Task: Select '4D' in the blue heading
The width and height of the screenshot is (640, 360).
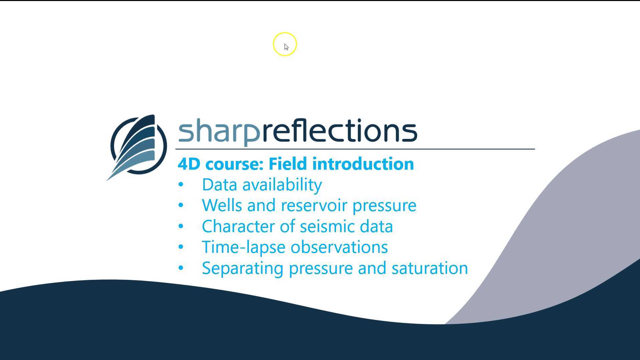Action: tap(189, 164)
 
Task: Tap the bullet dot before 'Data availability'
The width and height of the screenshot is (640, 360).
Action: tap(181, 185)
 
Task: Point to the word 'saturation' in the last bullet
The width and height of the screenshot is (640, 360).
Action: tap(430, 268)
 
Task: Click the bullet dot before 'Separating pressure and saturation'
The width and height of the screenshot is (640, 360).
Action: tap(181, 268)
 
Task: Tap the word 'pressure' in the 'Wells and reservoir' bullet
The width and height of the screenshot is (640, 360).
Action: tap(384, 206)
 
